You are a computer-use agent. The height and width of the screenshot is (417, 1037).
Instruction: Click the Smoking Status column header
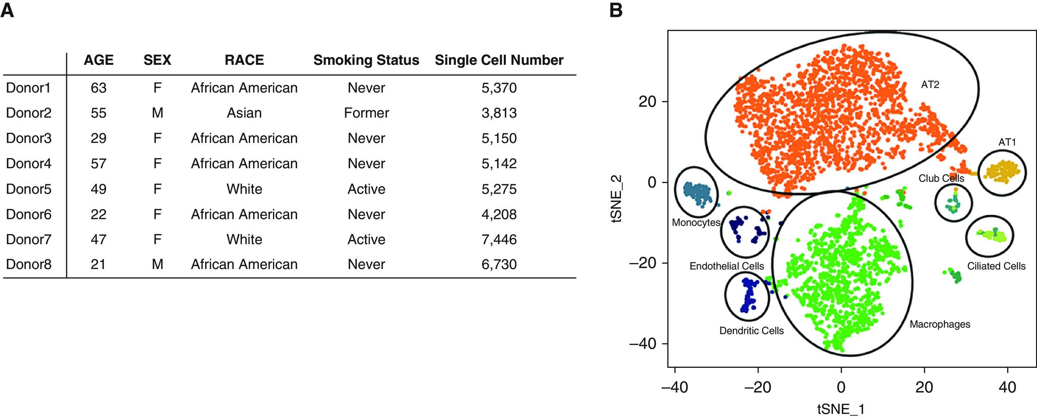(x=366, y=60)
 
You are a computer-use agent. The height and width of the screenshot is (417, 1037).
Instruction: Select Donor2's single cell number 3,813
(x=499, y=113)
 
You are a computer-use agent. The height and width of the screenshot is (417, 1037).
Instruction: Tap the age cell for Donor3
(x=98, y=138)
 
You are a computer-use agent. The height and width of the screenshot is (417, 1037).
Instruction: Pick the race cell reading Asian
(x=244, y=113)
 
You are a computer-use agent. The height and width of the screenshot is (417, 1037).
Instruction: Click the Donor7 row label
(x=29, y=239)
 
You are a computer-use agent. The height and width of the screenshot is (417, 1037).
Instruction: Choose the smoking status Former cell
(x=366, y=113)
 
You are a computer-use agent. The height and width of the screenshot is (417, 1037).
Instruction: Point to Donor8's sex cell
(x=157, y=264)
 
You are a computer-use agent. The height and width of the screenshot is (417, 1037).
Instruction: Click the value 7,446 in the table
(x=499, y=239)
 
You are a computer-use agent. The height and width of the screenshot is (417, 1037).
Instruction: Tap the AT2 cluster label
(x=930, y=85)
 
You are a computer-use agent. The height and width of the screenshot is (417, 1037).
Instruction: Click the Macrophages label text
(x=939, y=324)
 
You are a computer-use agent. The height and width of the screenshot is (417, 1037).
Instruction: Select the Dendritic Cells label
(x=751, y=331)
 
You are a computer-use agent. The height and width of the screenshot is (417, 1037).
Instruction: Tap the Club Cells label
(x=941, y=178)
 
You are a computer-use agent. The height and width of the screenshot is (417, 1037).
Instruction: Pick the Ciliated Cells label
(x=996, y=266)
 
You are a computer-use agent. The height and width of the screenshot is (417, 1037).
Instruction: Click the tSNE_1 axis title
(x=841, y=409)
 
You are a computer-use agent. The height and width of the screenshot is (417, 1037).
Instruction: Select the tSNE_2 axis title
(x=617, y=199)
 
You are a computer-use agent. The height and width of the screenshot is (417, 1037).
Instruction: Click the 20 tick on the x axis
(x=924, y=388)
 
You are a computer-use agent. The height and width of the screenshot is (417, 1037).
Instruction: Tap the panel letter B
(x=616, y=10)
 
